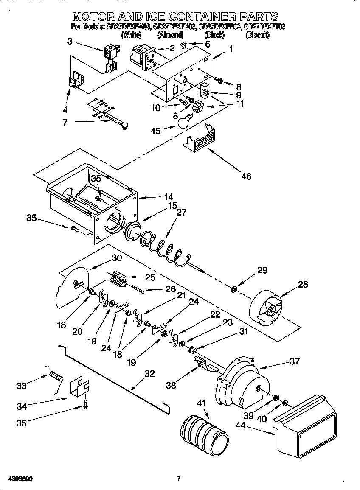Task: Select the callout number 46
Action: point(246,176)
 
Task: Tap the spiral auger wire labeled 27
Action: point(163,248)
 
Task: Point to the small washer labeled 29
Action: point(233,290)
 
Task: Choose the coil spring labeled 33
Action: point(56,375)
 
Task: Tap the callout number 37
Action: point(294,361)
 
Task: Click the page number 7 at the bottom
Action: point(179,479)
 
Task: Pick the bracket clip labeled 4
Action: point(76,81)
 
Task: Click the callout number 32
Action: point(150,374)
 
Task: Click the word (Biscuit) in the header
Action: point(257,35)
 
